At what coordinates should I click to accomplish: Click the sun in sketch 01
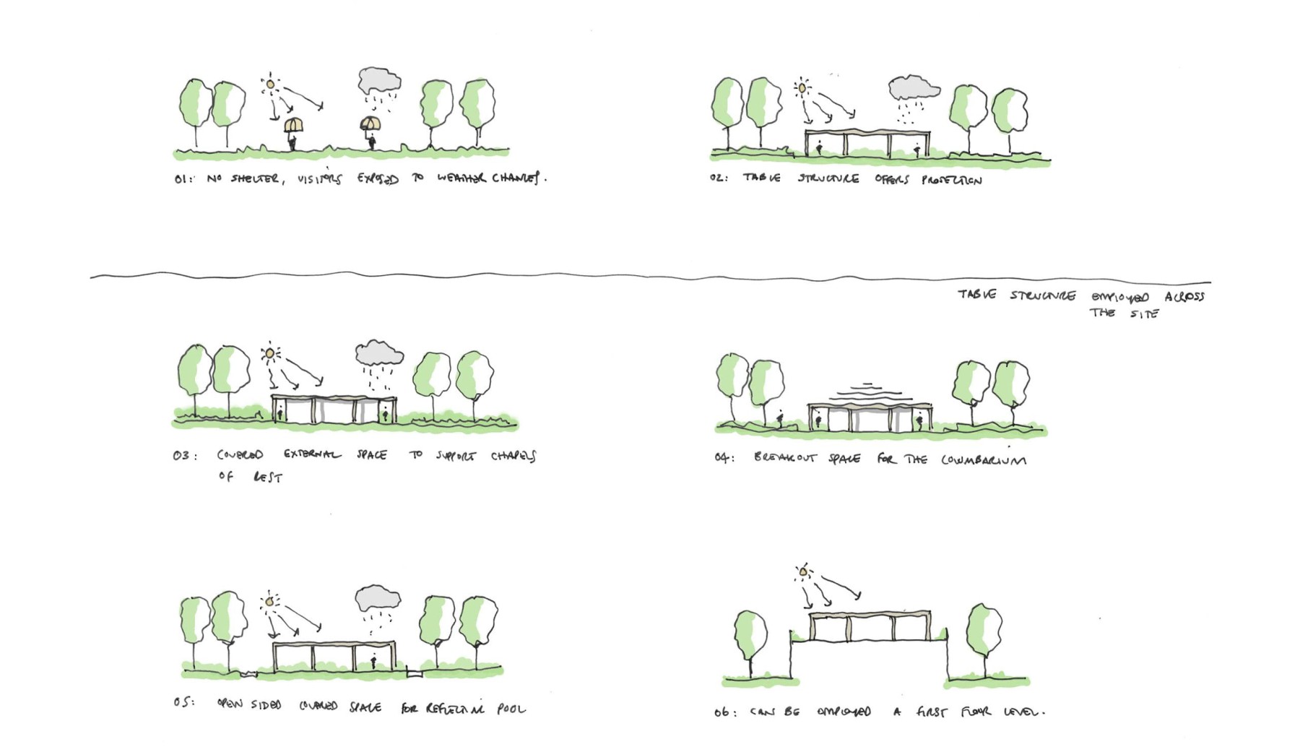point(270,85)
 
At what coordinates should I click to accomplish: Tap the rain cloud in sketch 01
point(378,80)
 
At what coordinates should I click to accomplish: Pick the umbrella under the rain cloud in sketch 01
point(370,124)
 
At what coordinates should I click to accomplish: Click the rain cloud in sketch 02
point(913,88)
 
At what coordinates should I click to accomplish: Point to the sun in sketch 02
point(802,88)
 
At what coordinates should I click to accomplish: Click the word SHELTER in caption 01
point(254,178)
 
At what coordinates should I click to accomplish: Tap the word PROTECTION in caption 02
point(951,180)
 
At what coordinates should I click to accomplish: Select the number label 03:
point(183,456)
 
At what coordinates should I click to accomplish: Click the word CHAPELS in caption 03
point(513,456)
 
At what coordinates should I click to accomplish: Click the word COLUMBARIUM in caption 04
point(983,459)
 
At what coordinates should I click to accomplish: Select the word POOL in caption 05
point(511,709)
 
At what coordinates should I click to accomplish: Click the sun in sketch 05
point(270,601)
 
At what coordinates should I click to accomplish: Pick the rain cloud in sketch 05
point(377,599)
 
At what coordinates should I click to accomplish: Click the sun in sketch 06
point(803,573)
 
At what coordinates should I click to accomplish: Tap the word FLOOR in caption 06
point(976,712)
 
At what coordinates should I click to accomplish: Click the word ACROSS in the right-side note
point(1184,296)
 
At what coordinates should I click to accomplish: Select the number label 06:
point(724,713)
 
